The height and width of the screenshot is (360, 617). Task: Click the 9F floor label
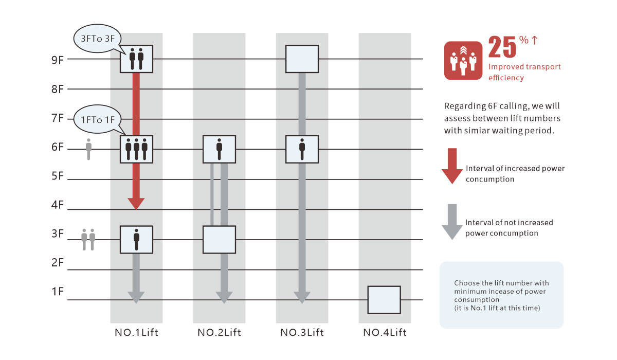click(x=57, y=59)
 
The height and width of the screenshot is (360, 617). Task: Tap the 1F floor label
click(x=57, y=292)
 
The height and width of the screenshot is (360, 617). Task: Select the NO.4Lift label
click(x=385, y=333)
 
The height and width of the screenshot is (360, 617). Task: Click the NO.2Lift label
click(x=219, y=333)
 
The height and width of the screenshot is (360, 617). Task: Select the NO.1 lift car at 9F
click(x=136, y=59)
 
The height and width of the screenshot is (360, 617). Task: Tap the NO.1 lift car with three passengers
click(x=136, y=149)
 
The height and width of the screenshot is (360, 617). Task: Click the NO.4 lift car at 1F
click(x=384, y=299)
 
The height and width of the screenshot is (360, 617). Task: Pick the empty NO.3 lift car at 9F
click(x=302, y=59)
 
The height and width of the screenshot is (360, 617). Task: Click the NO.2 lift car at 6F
click(x=219, y=149)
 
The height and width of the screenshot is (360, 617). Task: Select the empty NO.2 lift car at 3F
click(x=219, y=240)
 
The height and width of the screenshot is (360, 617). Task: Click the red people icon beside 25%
click(x=463, y=61)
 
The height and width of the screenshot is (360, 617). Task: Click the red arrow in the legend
click(x=452, y=166)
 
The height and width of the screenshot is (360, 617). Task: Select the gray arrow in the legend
click(x=452, y=222)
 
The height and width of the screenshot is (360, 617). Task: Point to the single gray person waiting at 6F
click(x=88, y=149)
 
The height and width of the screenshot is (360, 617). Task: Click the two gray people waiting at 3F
click(x=88, y=240)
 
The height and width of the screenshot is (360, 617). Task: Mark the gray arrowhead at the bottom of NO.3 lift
click(x=302, y=297)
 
